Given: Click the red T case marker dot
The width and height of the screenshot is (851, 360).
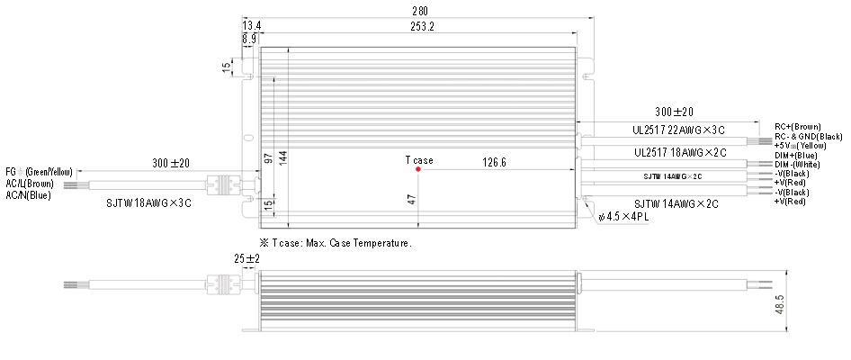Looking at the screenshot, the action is point(418,169).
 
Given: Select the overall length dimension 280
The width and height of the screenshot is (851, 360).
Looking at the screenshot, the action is point(420,10).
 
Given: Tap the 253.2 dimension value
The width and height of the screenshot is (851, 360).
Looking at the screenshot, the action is point(420,26).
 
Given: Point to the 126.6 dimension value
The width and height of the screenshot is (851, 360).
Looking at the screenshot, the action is point(494,162).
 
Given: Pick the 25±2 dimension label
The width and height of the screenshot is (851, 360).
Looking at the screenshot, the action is point(246,259).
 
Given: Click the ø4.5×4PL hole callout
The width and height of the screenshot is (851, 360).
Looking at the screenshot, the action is point(624,217).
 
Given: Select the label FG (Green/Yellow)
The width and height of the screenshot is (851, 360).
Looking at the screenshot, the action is point(39,172).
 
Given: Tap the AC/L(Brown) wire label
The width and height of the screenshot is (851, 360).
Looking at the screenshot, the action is point(30,184).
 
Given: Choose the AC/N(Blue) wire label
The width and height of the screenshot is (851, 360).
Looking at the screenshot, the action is point(28,195).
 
